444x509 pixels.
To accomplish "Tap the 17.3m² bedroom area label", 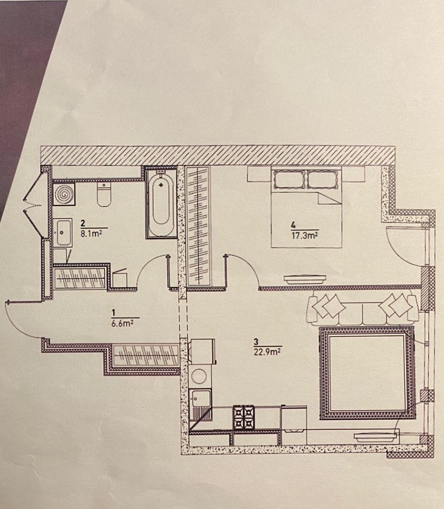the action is (x=305, y=235).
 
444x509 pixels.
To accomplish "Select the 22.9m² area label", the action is (x=267, y=352).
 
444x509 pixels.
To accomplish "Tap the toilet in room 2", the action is (x=104, y=194).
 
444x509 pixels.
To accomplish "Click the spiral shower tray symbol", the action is (x=64, y=195).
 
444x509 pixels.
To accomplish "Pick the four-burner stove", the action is (x=244, y=418).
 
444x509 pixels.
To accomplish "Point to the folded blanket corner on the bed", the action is (x=329, y=198).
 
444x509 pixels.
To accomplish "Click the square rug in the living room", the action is (x=367, y=373).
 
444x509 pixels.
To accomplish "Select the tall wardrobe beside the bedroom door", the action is (x=198, y=226).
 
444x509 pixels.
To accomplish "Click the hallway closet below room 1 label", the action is (x=146, y=356).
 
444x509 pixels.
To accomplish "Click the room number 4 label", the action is (x=294, y=224).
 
